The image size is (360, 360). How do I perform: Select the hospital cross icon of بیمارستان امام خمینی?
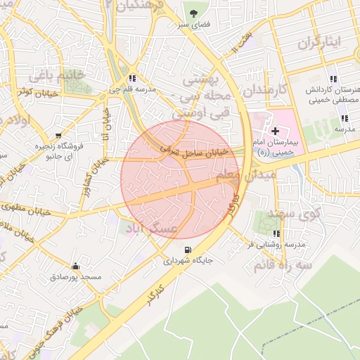(275, 131)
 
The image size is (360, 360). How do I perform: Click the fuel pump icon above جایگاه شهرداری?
(187, 250)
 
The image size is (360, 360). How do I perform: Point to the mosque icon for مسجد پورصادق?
(75, 266)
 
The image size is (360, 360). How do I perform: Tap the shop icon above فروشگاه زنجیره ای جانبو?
(58, 135)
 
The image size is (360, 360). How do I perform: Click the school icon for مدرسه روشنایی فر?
(277, 233)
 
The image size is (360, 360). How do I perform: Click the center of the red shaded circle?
(180, 180)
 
